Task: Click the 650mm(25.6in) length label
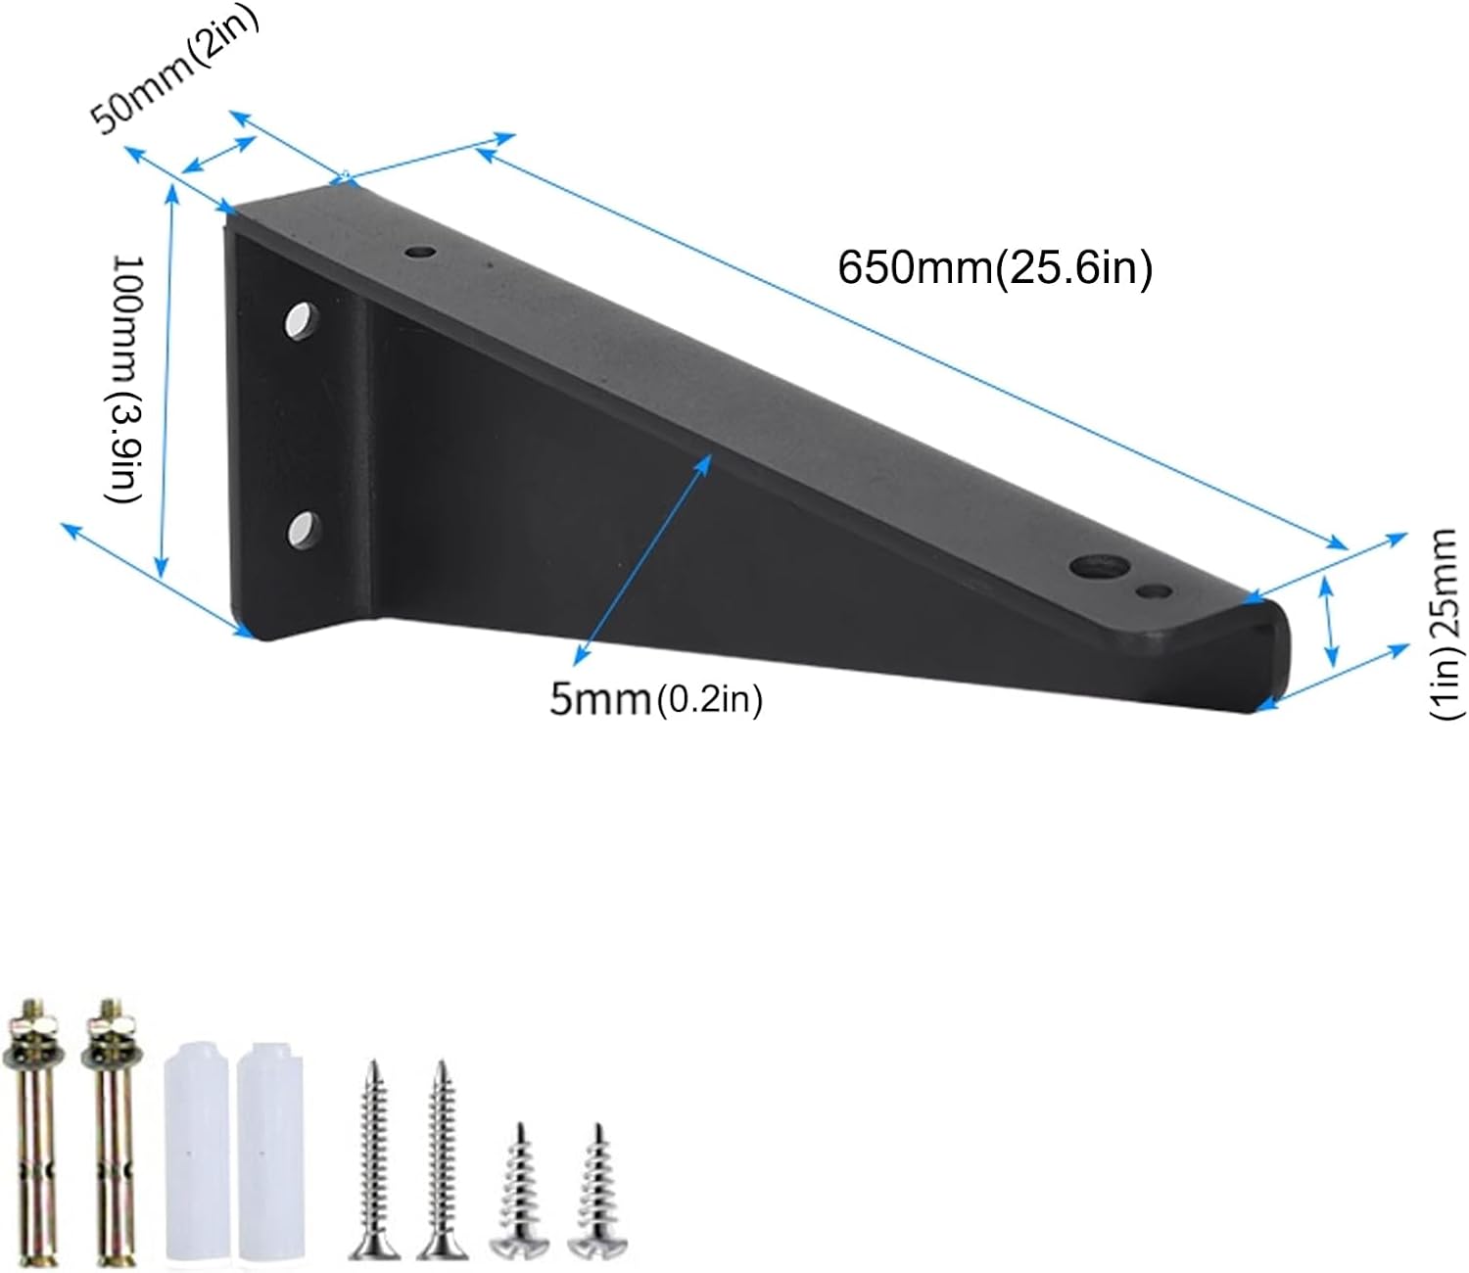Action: [x=995, y=267]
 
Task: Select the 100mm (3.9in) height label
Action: [x=126, y=379]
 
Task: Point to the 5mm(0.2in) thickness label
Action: [x=655, y=699]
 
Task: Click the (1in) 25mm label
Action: [x=1446, y=625]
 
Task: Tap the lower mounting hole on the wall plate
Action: [x=305, y=528]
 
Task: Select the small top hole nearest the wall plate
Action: [x=421, y=253]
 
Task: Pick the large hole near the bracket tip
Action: [x=1097, y=568]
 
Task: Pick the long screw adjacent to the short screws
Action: [x=442, y=1160]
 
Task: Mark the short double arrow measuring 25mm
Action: [x=1329, y=622]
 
